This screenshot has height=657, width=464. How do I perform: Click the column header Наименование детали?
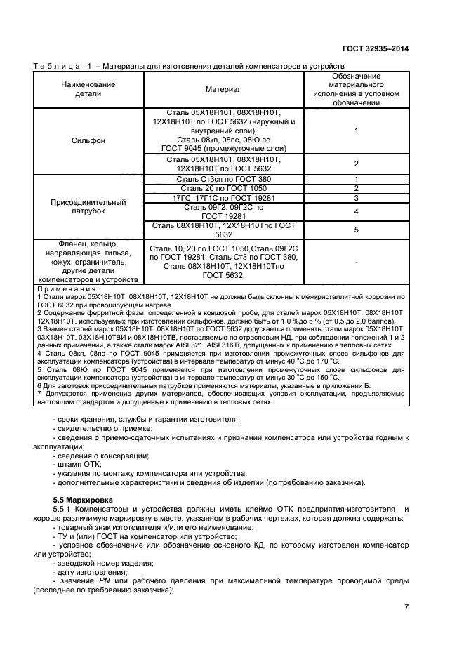88,89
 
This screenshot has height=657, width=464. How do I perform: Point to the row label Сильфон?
88,140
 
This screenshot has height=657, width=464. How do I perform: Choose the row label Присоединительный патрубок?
88,206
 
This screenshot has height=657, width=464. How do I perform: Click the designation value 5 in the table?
357,230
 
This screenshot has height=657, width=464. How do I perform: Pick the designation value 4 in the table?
357,211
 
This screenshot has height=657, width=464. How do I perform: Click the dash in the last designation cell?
357,262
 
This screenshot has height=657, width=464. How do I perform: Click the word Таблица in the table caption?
58,66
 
